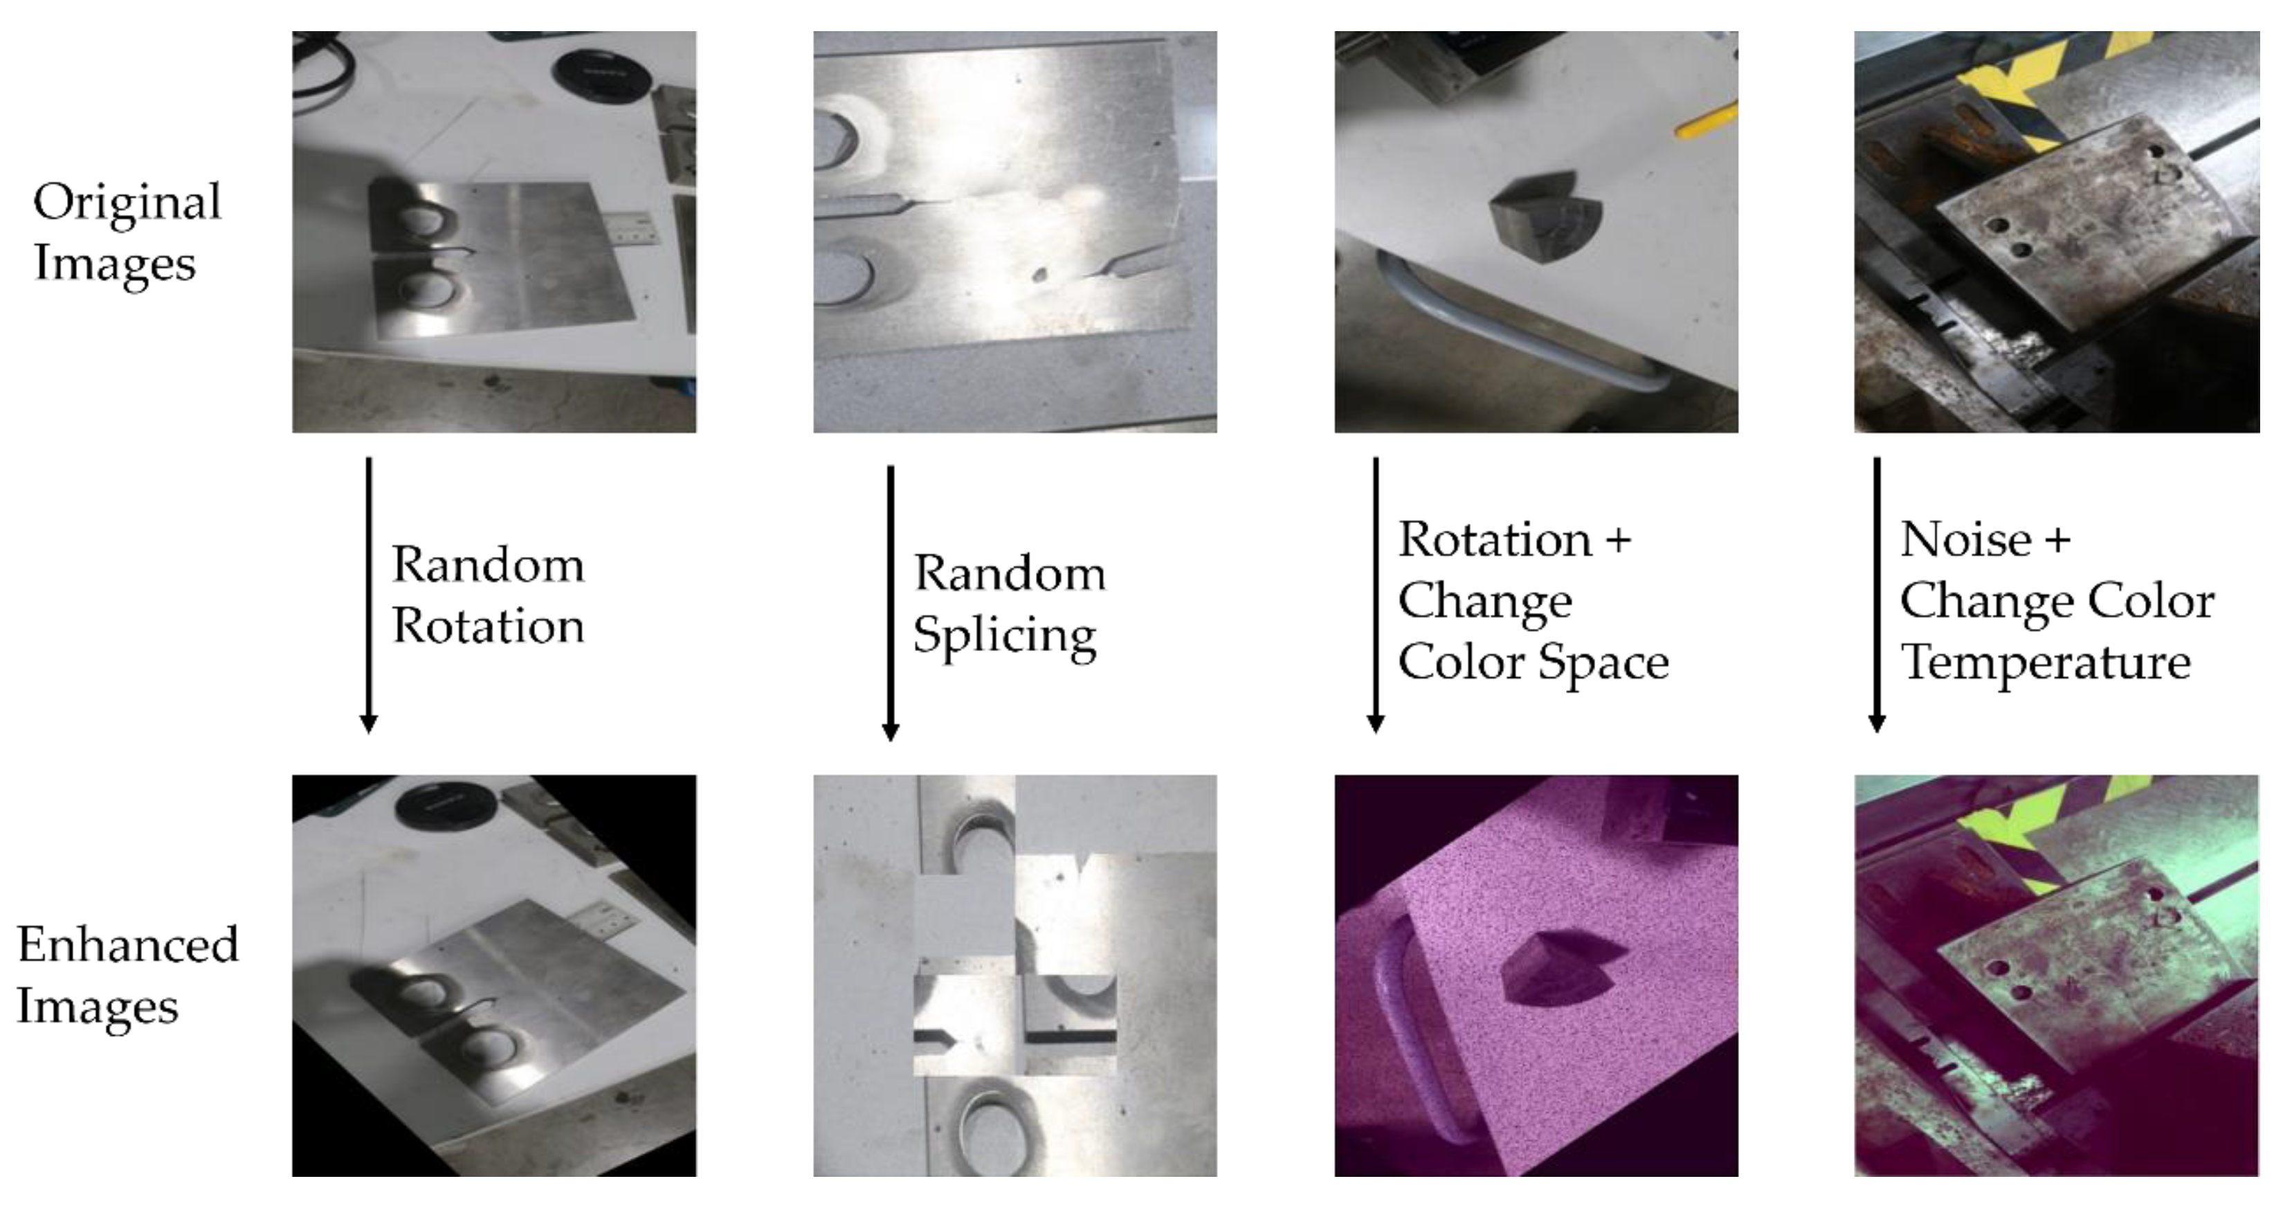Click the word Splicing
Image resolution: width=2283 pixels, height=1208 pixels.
(1004, 635)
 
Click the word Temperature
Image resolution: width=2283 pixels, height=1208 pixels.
(2046, 662)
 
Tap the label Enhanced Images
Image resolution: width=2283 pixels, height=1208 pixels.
(127, 975)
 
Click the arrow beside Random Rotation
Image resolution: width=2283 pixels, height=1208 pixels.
(369, 594)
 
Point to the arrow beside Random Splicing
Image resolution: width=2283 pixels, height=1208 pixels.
(891, 603)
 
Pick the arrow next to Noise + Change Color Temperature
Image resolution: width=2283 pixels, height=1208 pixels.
(1876, 594)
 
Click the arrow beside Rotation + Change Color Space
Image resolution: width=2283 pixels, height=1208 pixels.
(1376, 594)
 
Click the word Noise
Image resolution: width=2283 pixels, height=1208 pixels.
(1965, 540)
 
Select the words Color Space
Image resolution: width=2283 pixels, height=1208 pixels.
(1534, 662)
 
